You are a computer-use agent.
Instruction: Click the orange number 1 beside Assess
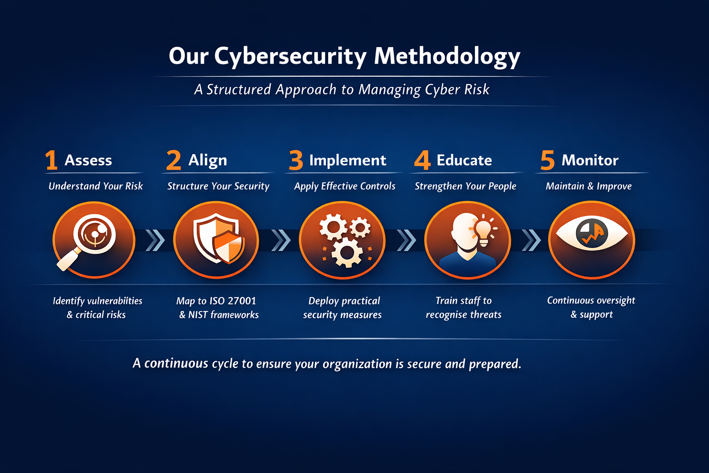coord(51,160)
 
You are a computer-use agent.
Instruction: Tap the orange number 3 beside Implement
coord(296,160)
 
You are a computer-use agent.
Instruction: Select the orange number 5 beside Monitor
coord(547,160)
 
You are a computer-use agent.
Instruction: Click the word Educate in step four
coord(464,160)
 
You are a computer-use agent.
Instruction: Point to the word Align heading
coord(208,160)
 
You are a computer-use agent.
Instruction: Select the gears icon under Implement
coord(343,240)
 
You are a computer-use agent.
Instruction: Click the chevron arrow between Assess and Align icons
coord(155,240)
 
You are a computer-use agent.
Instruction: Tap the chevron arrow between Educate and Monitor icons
coord(531,240)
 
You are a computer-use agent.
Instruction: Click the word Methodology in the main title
coord(447,56)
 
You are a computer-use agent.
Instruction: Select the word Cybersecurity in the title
coord(290,56)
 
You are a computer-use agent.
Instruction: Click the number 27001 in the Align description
coord(242,301)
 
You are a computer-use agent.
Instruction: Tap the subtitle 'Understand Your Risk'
coord(96,186)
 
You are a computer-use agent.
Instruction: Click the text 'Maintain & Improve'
coord(589,186)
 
